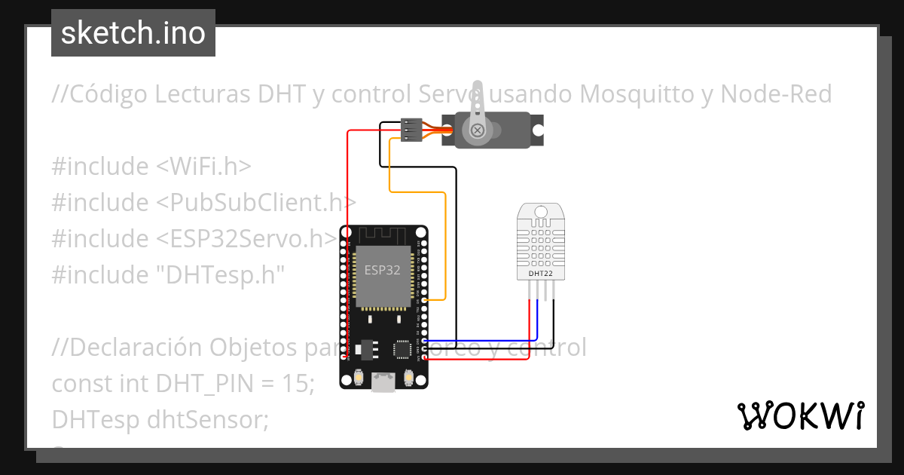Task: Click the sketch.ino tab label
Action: click(133, 33)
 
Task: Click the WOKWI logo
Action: click(800, 415)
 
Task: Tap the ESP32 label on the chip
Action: click(383, 270)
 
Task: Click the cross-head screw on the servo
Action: click(476, 130)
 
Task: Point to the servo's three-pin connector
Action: click(411, 130)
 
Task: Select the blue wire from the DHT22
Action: click(538, 324)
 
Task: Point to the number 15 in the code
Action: click(298, 383)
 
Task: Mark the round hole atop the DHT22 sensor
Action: click(541, 213)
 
